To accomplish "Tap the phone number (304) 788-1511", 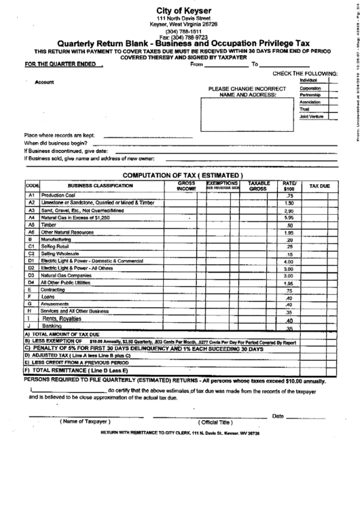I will tap(180, 31).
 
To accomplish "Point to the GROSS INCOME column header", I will tap(186, 186).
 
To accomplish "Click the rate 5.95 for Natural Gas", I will tap(289, 217).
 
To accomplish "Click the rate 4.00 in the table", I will tap(289, 262).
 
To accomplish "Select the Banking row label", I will tap(53, 327).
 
